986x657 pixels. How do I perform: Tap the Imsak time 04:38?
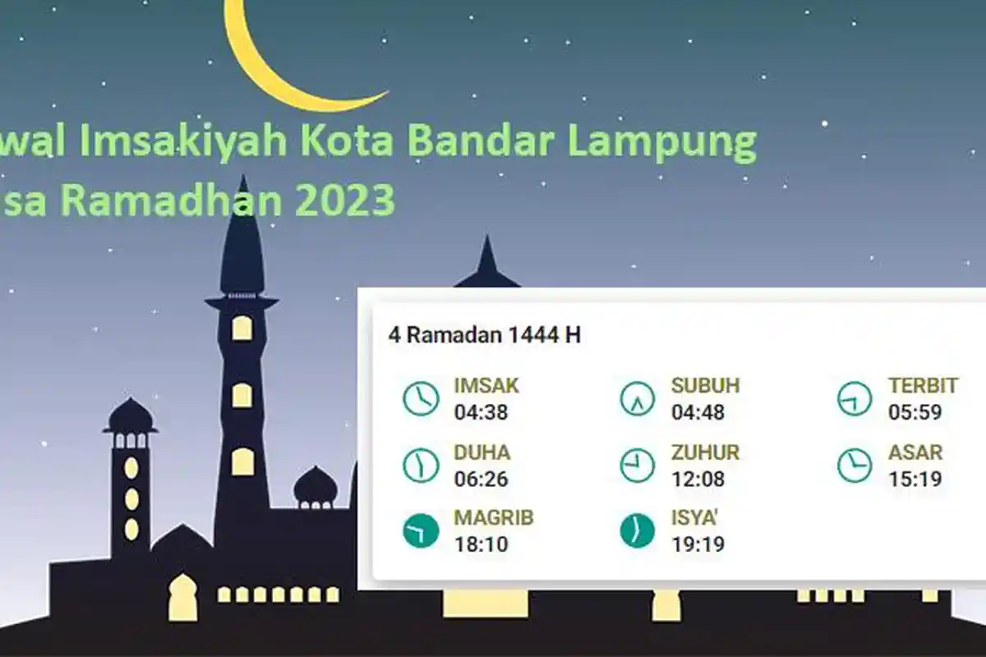click(481, 411)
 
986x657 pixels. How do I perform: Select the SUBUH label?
click(705, 385)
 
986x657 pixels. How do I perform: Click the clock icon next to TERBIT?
click(855, 398)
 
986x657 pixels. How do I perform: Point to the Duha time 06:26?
click(481, 478)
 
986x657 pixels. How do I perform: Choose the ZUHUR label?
click(705, 452)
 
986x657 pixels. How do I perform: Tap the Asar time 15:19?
click(915, 478)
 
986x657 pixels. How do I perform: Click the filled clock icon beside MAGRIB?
click(421, 531)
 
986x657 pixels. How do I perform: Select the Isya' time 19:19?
click(698, 544)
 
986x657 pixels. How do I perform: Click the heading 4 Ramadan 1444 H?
click(484, 335)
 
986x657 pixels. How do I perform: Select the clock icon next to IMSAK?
click(421, 398)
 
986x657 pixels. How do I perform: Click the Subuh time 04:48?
click(698, 411)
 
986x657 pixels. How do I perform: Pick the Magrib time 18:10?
click(481, 544)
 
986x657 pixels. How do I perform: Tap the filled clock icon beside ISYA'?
click(638, 531)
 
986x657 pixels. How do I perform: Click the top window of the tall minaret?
click(242, 328)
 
